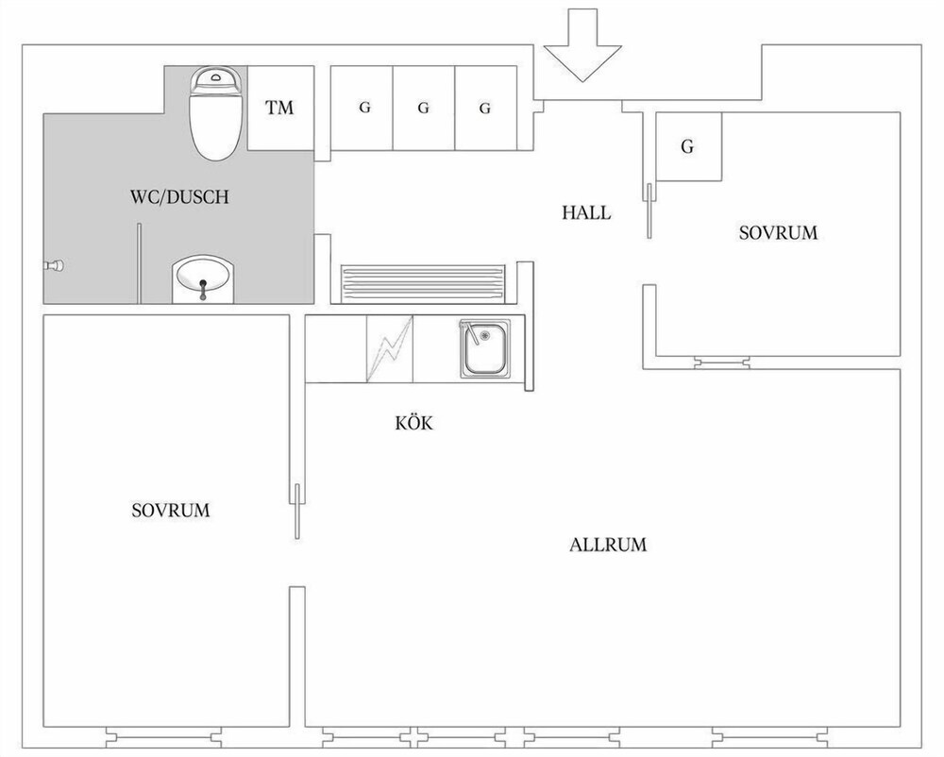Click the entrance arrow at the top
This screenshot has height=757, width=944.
(x=582, y=45)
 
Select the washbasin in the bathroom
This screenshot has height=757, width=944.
(x=202, y=279)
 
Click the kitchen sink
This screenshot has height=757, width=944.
(x=484, y=349)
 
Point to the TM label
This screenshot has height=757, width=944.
(x=280, y=108)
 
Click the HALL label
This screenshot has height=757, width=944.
(x=586, y=212)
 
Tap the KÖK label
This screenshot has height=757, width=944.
(x=414, y=423)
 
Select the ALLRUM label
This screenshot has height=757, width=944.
(x=608, y=545)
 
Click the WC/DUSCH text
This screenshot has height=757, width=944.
(x=179, y=196)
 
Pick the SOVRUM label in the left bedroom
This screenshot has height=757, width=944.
(x=170, y=511)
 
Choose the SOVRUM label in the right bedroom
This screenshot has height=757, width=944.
(x=779, y=232)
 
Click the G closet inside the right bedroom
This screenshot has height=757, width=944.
(x=687, y=146)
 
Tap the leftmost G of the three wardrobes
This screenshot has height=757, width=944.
(x=364, y=108)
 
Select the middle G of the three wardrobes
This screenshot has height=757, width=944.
(x=423, y=109)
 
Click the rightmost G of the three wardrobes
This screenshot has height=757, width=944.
(x=484, y=109)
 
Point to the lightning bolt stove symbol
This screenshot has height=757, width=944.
(x=390, y=349)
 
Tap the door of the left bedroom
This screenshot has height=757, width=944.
(x=297, y=511)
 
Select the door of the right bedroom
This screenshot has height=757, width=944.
(x=649, y=210)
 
